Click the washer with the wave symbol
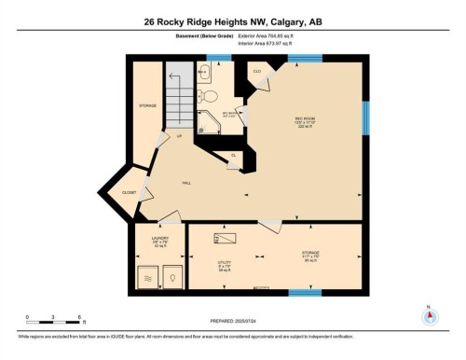147,276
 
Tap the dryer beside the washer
171,276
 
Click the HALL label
185,183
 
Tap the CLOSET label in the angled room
130,192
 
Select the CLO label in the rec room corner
256,71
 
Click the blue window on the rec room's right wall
364,118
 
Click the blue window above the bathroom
218,59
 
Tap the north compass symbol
430,314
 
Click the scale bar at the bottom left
54,322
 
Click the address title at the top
232,21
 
